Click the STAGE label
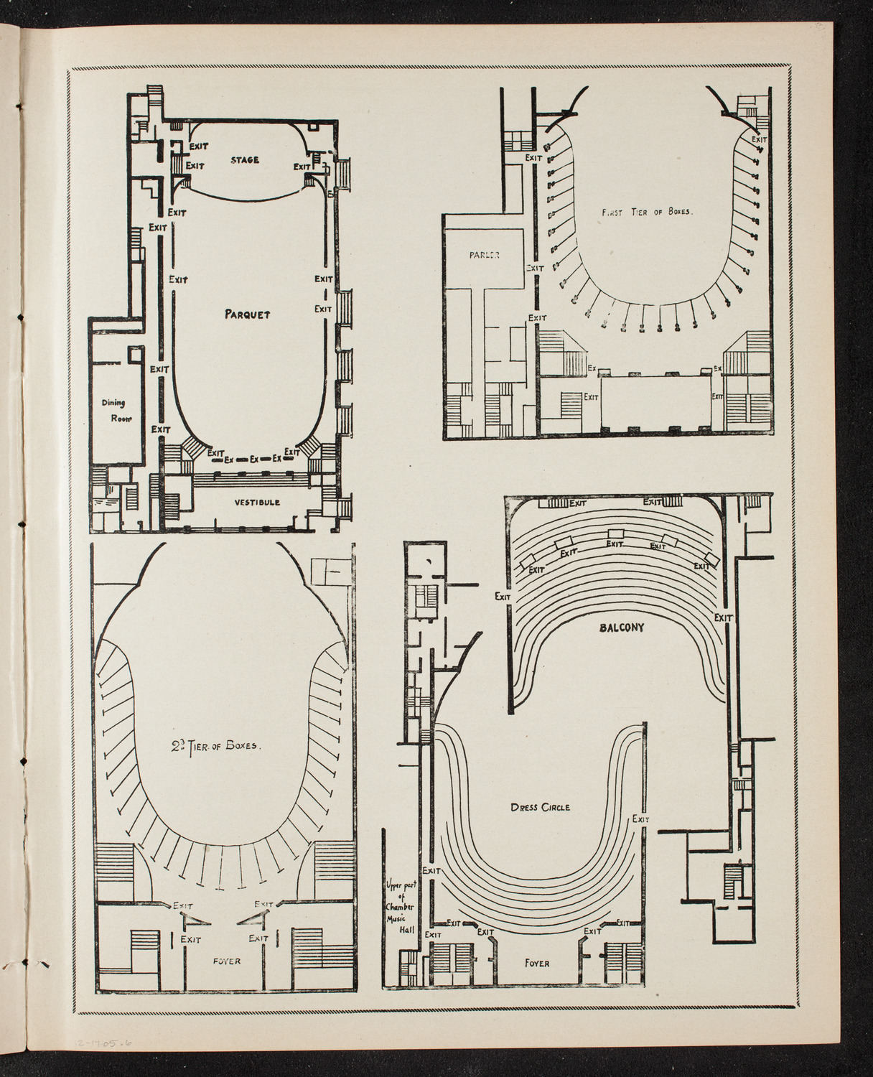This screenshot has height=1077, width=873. [244, 159]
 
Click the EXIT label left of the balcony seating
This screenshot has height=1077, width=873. [503, 596]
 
